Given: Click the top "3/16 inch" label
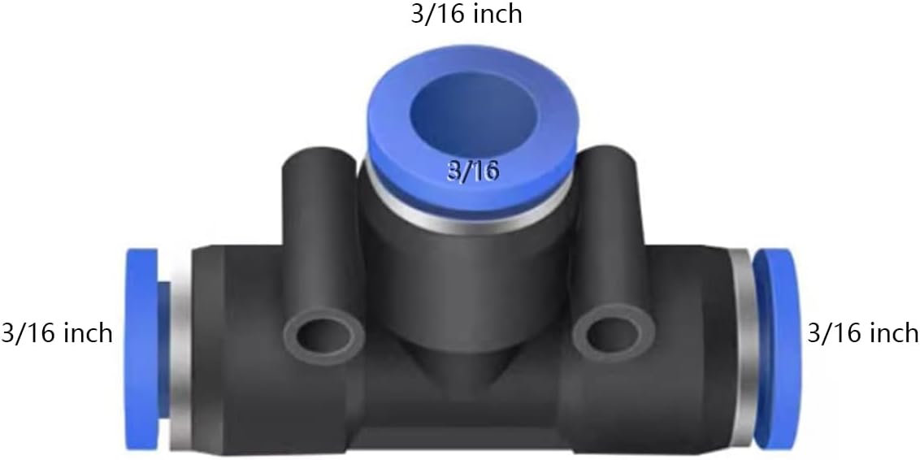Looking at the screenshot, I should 466,15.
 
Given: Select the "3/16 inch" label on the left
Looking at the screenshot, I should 57,333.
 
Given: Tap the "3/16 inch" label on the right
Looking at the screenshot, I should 862,333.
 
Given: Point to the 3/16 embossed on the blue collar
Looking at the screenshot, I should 471,171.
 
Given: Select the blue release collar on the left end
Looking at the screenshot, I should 141,349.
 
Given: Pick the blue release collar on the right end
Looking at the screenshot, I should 778,349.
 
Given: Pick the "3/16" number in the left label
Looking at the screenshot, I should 28,333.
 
